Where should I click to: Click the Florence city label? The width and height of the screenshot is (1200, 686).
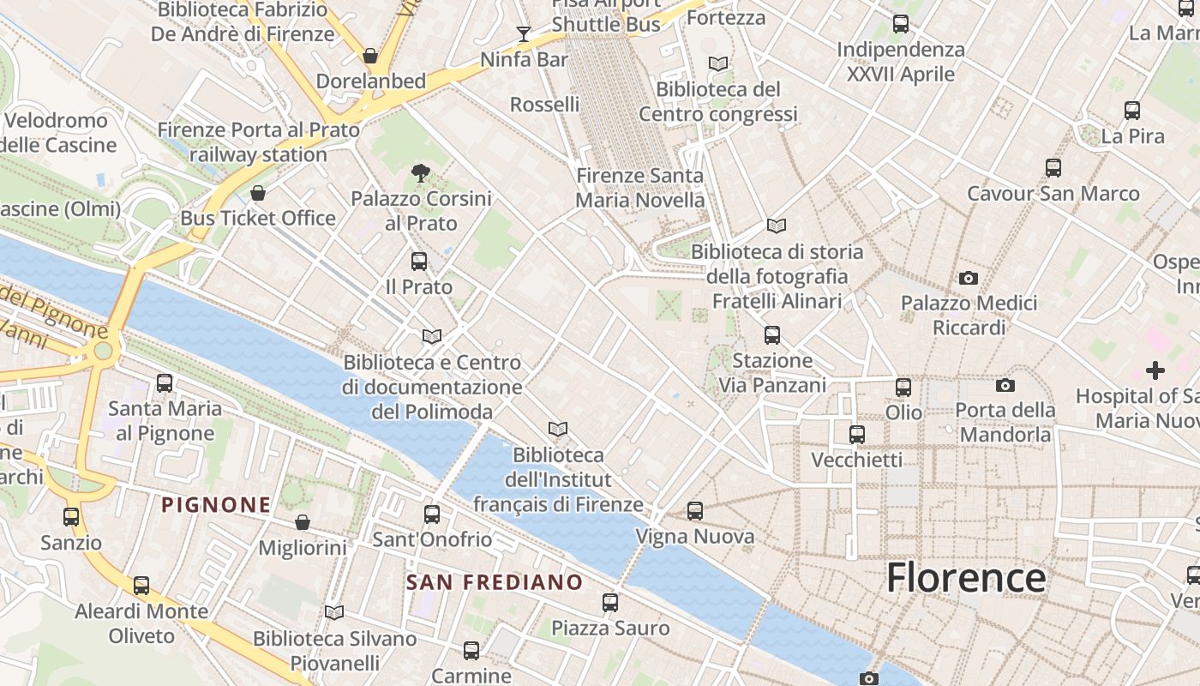point(965,577)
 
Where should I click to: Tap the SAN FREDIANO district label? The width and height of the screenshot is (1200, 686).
point(495,583)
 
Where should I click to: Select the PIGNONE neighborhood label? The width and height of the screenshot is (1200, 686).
point(216,505)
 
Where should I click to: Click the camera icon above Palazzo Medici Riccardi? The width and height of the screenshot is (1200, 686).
point(969,278)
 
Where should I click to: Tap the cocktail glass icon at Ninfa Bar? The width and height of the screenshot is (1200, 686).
point(524,34)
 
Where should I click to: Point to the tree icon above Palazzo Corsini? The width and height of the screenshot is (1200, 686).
point(420,173)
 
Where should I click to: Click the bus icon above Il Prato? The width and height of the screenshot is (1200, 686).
point(419,262)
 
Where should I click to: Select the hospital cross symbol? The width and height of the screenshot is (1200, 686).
point(1155,370)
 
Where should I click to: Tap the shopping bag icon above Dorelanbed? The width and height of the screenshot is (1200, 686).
point(370,56)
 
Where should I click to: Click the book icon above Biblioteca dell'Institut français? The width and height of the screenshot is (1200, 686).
point(558,429)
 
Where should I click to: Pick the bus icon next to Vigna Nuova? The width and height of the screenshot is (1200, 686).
point(695,511)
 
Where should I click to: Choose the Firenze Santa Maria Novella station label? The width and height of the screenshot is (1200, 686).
point(639,188)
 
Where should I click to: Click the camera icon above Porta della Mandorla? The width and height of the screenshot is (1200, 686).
point(1005,386)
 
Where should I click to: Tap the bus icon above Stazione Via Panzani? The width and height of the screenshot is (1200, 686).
point(772,335)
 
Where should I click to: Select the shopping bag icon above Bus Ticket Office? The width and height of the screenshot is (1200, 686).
point(258,193)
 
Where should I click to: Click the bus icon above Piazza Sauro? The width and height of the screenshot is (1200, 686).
point(610,603)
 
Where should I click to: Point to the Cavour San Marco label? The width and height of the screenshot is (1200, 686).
point(1053,194)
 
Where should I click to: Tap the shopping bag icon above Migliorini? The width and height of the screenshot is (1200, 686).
point(303,522)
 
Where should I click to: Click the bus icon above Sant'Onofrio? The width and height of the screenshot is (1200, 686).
point(432,514)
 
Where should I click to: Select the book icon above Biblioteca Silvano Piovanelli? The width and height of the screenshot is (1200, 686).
point(334,612)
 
